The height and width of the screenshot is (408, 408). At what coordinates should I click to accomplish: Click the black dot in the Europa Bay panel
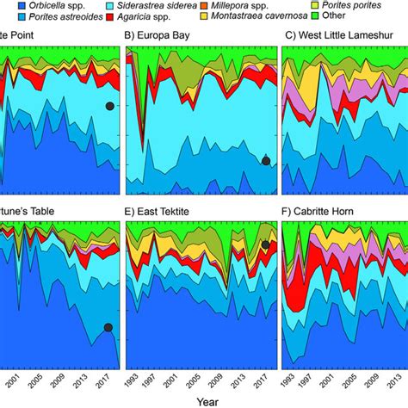266,161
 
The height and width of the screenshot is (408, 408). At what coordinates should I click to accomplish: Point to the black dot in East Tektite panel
266,245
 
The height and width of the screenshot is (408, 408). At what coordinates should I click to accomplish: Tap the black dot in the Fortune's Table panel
108,327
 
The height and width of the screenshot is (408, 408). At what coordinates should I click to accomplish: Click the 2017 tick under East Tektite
263,377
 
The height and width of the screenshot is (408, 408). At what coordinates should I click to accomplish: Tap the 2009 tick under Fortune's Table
58,377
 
